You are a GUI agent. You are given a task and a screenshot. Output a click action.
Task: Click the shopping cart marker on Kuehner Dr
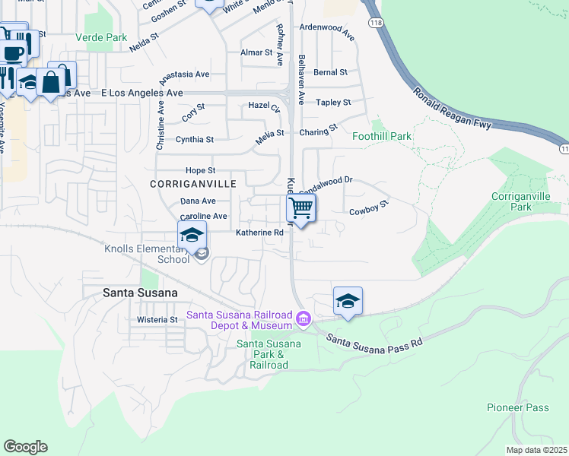point(301,207)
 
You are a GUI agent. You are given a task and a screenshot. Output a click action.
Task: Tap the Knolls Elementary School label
point(147,254)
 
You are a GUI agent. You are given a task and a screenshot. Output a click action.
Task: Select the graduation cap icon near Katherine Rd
point(193,235)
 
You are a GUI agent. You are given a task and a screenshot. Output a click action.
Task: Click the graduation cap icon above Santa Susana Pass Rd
point(348,300)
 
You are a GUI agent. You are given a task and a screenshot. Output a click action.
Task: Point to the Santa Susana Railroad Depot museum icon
point(304,318)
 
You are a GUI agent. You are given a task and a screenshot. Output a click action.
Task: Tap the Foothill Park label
point(382,136)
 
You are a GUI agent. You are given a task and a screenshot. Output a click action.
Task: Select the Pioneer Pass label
point(517,408)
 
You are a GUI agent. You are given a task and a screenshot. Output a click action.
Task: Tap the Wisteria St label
point(157,320)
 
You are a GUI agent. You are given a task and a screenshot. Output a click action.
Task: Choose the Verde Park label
point(101,37)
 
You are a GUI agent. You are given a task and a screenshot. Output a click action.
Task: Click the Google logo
point(25,446)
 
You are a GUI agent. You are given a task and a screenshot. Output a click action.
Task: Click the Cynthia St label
point(195,140)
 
